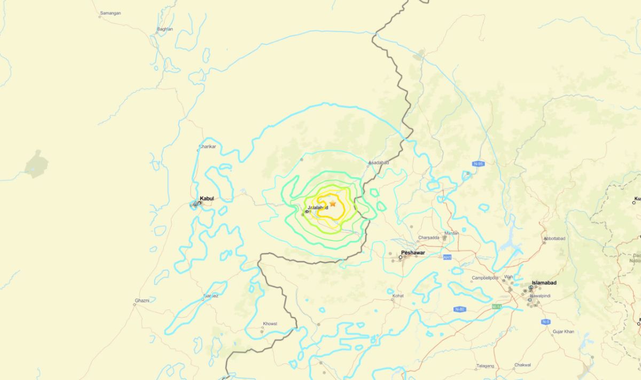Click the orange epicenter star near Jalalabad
click(333, 203)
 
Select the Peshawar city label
click(413, 253)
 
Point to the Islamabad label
click(544, 282)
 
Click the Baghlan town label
click(165, 29)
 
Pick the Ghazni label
click(142, 300)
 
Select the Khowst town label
click(270, 324)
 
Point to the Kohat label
click(398, 295)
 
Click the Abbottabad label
click(554, 239)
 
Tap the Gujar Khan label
click(563, 331)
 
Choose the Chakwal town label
click(522, 365)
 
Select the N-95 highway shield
click(478, 164)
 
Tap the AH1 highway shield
click(447, 257)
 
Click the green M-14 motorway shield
click(497, 306)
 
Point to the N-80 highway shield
click(459, 310)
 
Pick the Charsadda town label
click(429, 237)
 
